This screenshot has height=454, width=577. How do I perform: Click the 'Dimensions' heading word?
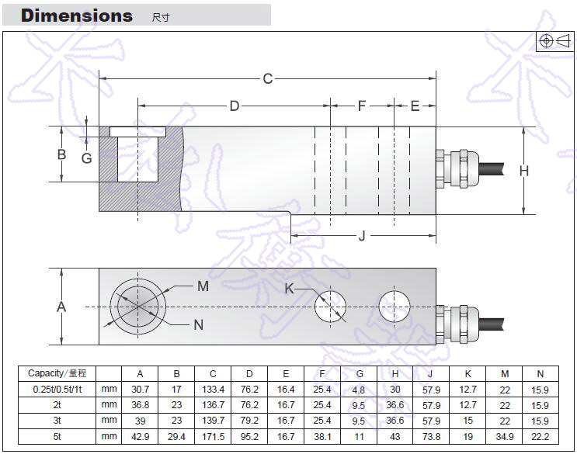[76, 16]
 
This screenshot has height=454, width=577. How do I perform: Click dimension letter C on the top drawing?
[268, 78]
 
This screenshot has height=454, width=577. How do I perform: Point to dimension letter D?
[234, 106]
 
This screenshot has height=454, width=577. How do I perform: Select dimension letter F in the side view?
[361, 106]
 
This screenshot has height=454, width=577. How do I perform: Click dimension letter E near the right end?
[415, 106]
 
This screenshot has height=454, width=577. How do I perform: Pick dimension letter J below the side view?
[362, 236]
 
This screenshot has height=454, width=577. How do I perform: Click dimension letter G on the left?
[87, 158]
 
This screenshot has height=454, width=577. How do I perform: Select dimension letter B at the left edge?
[62, 154]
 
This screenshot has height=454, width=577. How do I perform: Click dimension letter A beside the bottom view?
[62, 307]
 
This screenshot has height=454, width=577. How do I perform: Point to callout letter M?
[203, 286]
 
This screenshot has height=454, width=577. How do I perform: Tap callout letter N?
[198, 325]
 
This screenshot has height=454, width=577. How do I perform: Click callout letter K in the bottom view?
[290, 288]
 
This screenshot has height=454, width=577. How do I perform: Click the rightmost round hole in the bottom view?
[395, 307]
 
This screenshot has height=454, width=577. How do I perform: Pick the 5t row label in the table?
[57, 436]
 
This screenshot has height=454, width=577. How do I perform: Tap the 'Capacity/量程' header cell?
[57, 373]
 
